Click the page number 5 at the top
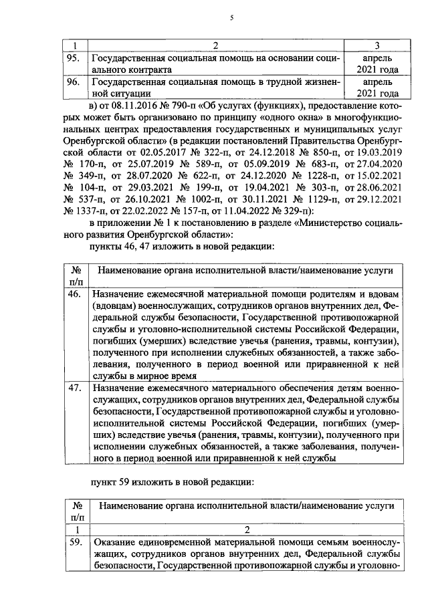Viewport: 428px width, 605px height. pyautogui.click(x=231, y=19)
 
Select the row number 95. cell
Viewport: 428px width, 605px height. pyautogui.click(x=72, y=58)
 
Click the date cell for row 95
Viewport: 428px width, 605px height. pyautogui.click(x=378, y=64)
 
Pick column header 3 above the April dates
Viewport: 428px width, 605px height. pyautogui.click(x=378, y=45)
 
